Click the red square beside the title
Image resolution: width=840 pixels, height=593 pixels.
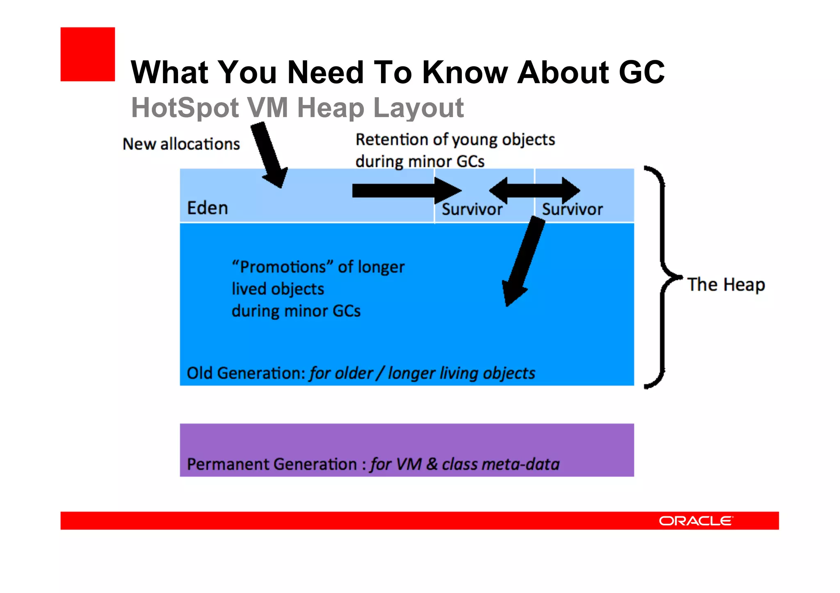tap(87, 54)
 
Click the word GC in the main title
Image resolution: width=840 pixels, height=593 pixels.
tap(641, 73)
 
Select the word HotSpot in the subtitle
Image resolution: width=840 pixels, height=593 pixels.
tap(185, 108)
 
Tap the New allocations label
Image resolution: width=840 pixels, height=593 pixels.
tap(181, 144)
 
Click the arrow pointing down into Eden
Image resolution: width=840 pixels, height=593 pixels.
tap(269, 155)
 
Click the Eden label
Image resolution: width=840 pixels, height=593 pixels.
tap(207, 208)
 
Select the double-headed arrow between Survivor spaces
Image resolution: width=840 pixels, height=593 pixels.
tap(534, 191)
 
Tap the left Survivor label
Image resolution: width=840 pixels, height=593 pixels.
tap(472, 209)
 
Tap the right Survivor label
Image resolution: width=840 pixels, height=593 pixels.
tap(572, 209)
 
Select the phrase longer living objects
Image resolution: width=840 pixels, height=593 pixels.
tap(461, 373)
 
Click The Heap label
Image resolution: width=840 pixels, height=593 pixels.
tap(726, 284)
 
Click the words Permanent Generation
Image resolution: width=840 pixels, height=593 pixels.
tap(272, 464)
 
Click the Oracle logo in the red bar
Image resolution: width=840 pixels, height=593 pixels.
tap(696, 521)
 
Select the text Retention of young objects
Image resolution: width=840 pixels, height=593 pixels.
tap(455, 140)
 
